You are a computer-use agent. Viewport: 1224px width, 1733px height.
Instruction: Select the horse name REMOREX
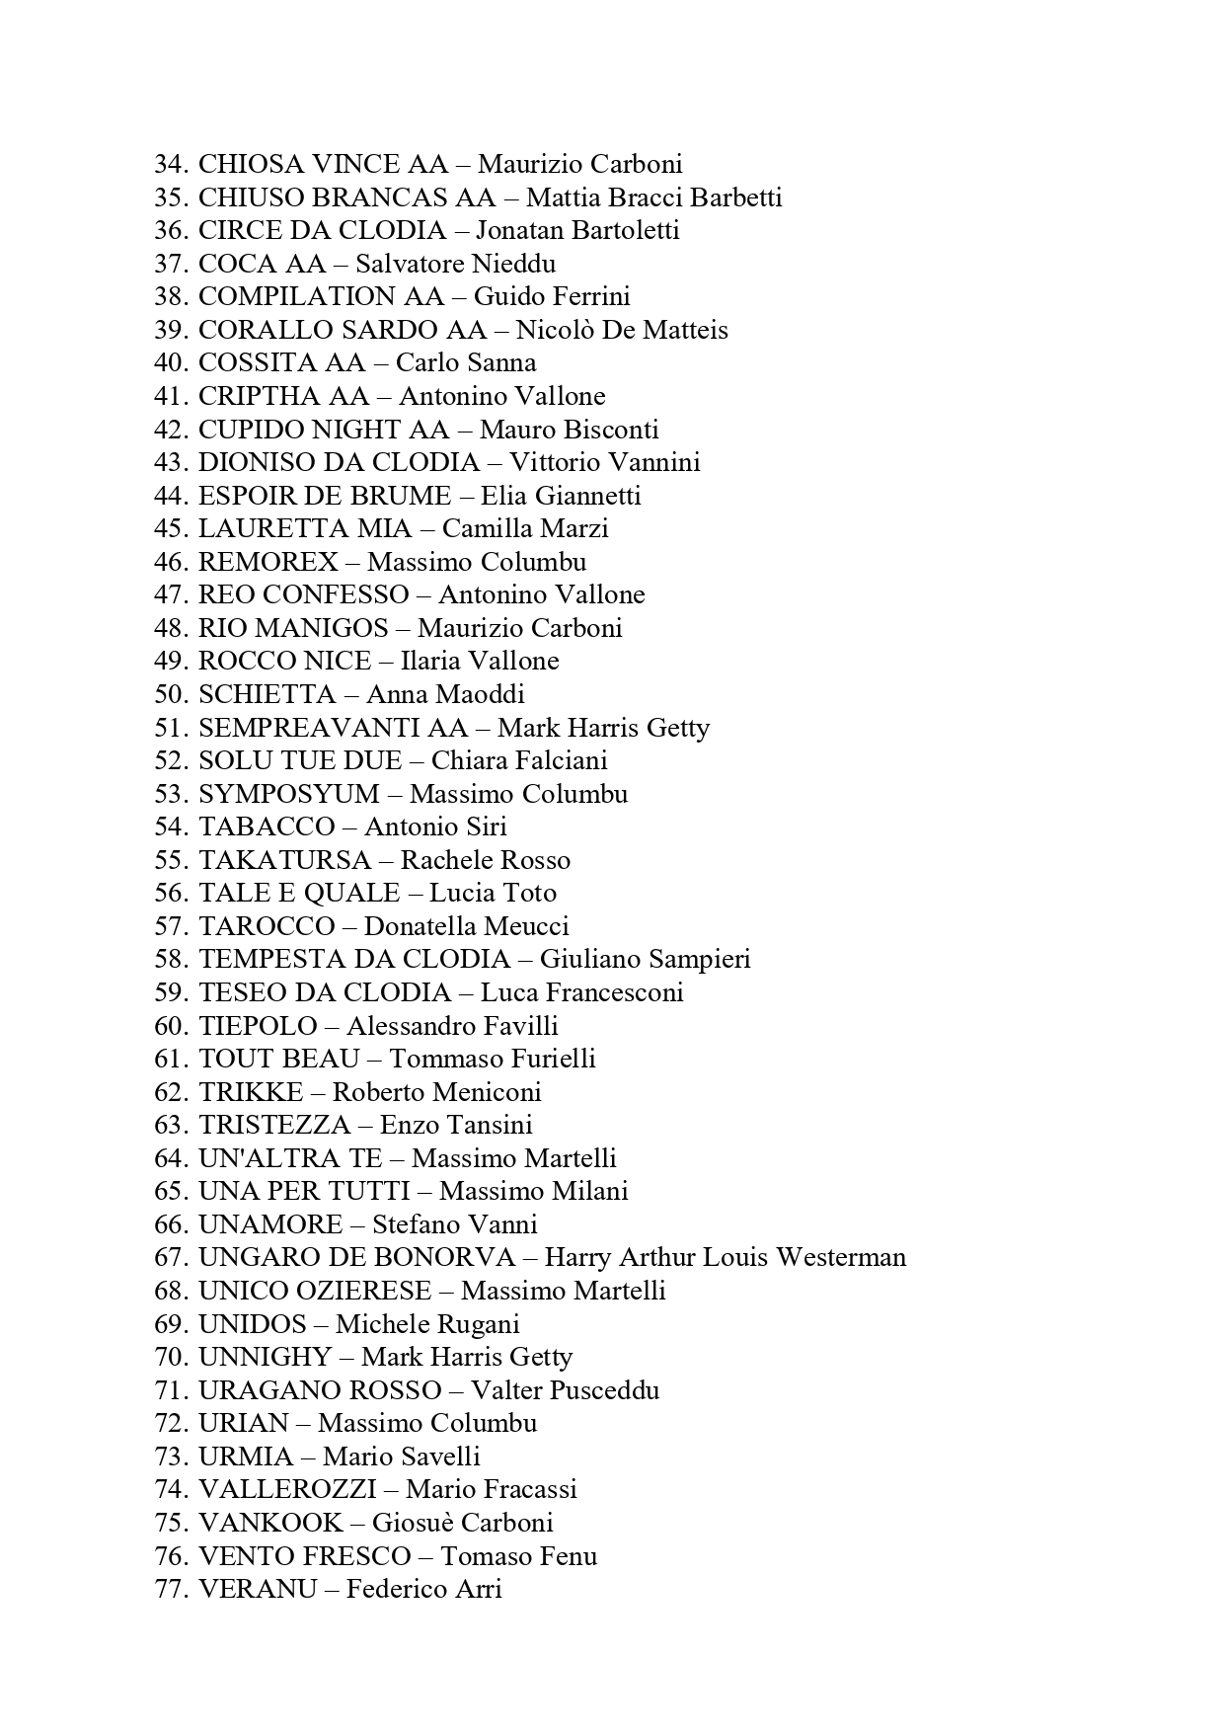tap(268, 562)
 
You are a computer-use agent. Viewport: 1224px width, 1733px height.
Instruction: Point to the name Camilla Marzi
tap(525, 528)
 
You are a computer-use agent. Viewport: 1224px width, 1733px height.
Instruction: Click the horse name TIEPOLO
tap(258, 1026)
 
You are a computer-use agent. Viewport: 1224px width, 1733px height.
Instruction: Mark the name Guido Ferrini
tap(552, 296)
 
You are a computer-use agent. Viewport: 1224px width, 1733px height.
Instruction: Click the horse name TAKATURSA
tap(284, 860)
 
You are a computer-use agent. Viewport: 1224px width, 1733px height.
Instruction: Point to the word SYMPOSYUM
tap(288, 794)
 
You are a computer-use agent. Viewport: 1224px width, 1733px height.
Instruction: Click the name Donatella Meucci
tap(466, 926)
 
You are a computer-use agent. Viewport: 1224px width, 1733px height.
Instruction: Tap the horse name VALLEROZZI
tap(287, 1489)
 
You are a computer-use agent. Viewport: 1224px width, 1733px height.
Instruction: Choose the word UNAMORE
tap(269, 1224)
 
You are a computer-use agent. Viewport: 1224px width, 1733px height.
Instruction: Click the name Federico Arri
tap(424, 1589)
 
